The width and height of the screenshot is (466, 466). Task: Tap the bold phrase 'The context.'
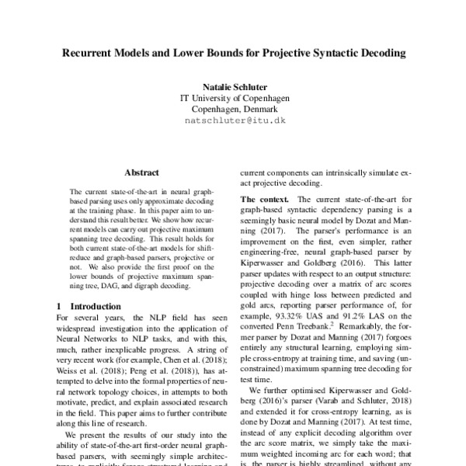[264, 200]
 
